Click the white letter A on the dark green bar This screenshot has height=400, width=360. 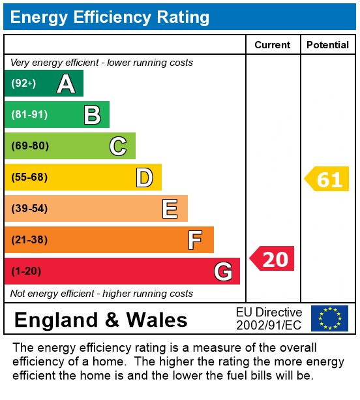66,84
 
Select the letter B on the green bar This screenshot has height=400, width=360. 93,115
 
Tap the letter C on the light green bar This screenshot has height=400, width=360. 118,146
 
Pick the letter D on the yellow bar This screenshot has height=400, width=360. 145,177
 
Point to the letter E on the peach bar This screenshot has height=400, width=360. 170,209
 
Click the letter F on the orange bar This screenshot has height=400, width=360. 195,240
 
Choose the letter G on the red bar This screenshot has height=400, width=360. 223,271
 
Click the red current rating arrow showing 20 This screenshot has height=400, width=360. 272,258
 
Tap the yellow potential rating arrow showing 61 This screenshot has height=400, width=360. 327,179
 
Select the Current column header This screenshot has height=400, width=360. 273,45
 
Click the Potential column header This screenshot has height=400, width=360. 327,45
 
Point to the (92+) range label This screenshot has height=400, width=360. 23,83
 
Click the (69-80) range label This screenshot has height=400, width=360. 30,146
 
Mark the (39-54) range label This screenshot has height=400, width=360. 29,208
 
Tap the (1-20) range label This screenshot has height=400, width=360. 26,271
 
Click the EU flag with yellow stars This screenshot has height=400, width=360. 329,318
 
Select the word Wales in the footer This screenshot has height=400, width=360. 157,320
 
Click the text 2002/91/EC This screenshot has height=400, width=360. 269,325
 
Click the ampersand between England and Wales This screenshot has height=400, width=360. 112,320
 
